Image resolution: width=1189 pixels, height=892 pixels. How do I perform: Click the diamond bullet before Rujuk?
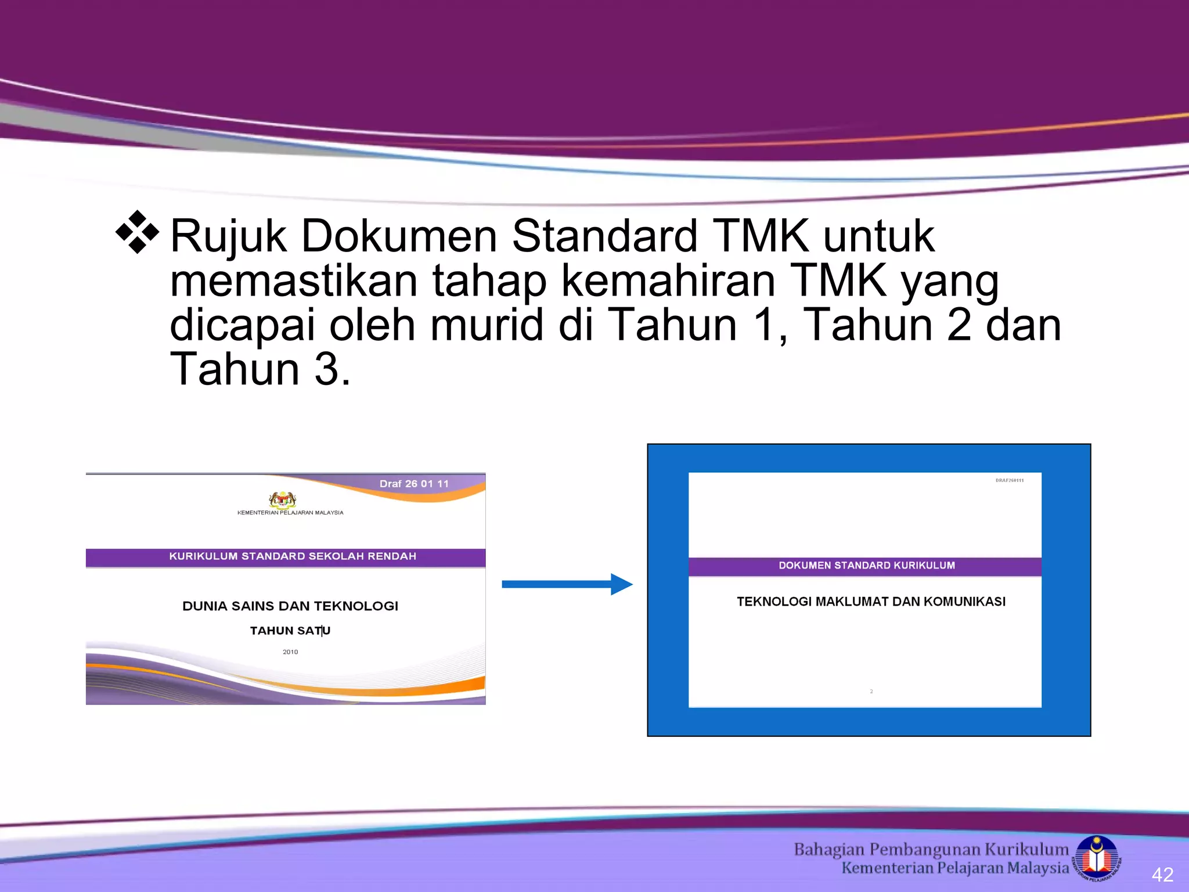137,232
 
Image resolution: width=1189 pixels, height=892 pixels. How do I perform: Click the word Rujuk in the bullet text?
228,236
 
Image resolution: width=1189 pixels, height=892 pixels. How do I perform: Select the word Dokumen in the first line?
399,236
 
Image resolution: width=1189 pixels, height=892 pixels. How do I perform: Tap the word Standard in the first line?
604,236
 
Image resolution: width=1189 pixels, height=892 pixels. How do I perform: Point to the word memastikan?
294,281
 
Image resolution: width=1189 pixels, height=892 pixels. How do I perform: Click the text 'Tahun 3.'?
260,369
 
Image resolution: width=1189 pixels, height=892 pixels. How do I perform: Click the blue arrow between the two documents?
567,584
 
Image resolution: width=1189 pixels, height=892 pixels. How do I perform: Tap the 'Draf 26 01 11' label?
414,484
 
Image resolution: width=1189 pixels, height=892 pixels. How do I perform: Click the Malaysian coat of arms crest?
283,499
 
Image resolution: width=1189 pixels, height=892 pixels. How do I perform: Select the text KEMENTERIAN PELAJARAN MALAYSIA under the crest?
290,513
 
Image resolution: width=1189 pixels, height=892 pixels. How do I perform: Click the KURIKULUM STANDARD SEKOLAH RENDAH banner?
293,556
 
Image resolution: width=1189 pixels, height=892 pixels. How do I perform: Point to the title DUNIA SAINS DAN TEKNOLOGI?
290,606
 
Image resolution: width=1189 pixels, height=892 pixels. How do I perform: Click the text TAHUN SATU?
290,631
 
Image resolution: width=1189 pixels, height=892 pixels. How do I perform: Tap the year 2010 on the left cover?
290,652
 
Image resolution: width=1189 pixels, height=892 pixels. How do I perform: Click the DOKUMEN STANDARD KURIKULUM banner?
866,566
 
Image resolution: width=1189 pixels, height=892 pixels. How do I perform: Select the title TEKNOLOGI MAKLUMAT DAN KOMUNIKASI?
871,602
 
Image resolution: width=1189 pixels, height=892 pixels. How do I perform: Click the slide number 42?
1162,875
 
